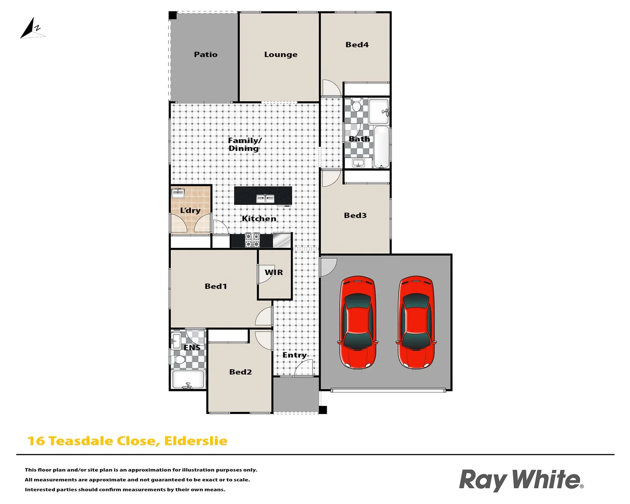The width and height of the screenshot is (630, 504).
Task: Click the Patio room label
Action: point(205,55)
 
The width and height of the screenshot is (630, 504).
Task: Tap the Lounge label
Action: point(280,55)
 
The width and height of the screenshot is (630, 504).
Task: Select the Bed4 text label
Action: point(357,45)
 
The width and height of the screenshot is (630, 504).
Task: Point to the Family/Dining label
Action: point(244,144)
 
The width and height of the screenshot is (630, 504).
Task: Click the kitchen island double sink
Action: point(265,199)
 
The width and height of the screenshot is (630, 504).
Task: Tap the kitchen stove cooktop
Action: point(252,240)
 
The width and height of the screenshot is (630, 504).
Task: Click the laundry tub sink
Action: point(178,193)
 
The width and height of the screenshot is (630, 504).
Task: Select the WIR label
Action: point(274,273)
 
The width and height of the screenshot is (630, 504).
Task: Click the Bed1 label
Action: point(216,287)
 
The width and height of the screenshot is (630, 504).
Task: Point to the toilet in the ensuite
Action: point(179,360)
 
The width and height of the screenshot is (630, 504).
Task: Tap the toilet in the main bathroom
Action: point(357,106)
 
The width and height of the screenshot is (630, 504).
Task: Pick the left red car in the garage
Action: point(357,322)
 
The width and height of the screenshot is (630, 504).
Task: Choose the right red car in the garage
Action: point(415,322)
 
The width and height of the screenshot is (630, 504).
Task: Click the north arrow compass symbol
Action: point(32,29)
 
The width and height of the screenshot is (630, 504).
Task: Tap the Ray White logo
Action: point(521,480)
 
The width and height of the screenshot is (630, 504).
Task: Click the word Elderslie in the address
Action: point(196,441)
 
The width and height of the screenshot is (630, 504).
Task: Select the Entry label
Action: point(294,355)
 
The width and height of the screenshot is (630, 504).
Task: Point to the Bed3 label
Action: point(355,216)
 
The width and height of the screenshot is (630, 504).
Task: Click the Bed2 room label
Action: point(240,372)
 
